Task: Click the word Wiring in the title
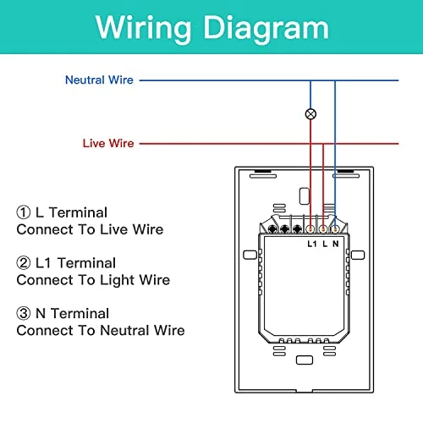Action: point(143,29)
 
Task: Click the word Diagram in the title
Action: point(266,29)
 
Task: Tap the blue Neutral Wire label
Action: point(99,80)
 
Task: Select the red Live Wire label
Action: point(108,143)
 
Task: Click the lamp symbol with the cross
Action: point(310,114)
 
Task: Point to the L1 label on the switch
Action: point(312,244)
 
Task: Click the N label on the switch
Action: point(335,244)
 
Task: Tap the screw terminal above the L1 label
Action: point(310,229)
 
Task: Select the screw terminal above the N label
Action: point(335,229)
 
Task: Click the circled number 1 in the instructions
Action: point(24,212)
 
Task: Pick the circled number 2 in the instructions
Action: point(24,263)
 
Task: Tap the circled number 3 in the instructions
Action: point(24,313)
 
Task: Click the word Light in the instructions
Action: point(117,281)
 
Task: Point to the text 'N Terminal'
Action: point(72,313)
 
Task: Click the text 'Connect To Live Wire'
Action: point(90,229)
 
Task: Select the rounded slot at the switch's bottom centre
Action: point(305,360)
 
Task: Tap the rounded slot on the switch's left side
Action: point(250,255)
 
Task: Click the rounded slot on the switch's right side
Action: point(358,255)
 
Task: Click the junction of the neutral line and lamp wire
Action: point(310,80)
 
